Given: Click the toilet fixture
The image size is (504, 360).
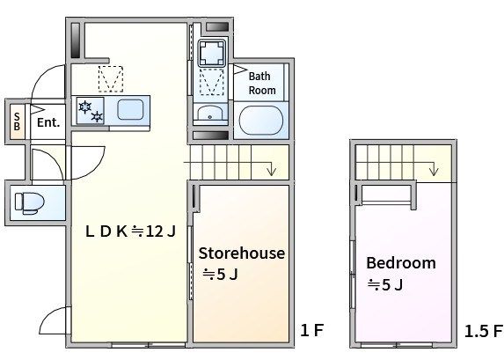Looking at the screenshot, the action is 29,203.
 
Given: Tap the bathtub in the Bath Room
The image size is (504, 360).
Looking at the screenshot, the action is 260,121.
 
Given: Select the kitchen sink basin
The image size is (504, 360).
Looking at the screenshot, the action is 130,109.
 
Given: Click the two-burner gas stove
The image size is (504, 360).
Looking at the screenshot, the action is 91,110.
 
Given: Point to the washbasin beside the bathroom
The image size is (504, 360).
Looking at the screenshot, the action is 210,113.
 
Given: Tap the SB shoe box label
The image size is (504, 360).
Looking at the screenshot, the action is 17,121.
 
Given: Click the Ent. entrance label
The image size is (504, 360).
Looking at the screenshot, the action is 48,122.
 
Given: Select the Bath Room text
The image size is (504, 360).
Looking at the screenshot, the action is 262,84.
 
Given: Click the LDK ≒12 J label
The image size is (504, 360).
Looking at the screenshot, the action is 130,231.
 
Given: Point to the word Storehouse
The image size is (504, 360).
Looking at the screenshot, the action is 241,253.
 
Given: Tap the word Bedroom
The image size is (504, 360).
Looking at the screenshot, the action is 401,263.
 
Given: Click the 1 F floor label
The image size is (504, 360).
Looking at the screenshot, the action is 311,330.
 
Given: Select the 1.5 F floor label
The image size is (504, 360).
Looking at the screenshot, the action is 483,331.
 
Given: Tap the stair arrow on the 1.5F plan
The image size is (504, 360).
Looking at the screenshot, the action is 435,169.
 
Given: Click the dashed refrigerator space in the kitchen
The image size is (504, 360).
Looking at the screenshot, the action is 111,79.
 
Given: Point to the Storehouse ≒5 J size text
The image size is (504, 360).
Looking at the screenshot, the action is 220,275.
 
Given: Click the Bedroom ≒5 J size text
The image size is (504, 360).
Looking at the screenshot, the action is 385,284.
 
